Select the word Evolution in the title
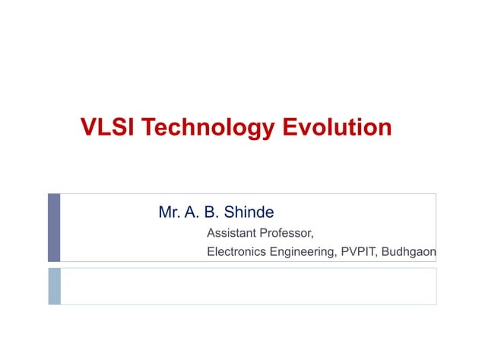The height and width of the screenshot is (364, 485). pos(337,127)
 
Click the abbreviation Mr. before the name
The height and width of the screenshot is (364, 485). pos(168,212)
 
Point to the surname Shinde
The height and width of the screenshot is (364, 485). pos(248,212)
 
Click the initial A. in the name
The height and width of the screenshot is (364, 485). pos(192,212)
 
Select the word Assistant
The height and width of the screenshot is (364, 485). pos(231,233)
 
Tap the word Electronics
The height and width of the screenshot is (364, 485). pos(236,252)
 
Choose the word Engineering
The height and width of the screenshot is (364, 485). pos(299,252)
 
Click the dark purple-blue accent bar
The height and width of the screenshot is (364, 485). pos(54,227)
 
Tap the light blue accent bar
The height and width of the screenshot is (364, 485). pos(54,286)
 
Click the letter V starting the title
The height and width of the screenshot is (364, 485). pos(87,127)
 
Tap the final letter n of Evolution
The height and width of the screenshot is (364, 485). pos(385,127)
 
